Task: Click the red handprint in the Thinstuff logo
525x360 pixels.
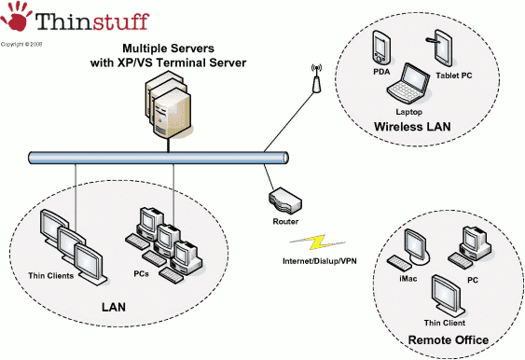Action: click(x=16, y=21)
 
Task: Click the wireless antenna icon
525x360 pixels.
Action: click(x=314, y=81)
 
